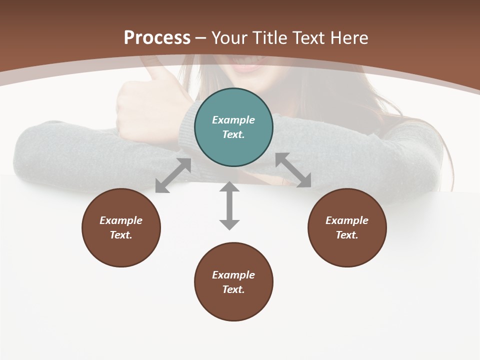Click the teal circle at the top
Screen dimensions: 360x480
pos(233,127)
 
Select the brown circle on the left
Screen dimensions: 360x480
pos(121,227)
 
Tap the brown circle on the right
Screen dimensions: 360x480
pos(347,227)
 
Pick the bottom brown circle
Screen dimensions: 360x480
pos(233,282)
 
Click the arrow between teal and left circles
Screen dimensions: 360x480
pos(173,175)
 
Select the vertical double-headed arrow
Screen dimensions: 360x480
pos(229,205)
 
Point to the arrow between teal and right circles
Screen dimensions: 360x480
pos(293,170)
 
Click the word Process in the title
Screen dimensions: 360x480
pos(157,37)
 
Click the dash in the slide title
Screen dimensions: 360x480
pos(200,38)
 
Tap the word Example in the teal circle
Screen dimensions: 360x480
pos(233,120)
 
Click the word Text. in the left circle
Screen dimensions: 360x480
pos(121,235)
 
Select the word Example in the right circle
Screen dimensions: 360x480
pos(347,220)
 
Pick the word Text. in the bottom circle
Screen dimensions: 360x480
pos(233,289)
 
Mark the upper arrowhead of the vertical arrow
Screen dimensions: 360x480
pos(229,187)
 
